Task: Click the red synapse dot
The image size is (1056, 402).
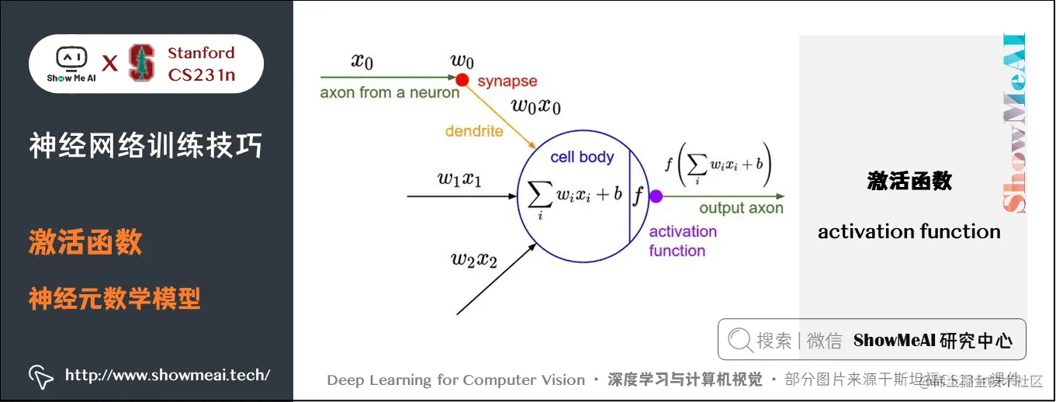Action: click(462, 79)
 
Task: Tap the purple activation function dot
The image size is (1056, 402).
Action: click(656, 196)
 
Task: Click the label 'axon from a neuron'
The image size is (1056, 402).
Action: click(390, 93)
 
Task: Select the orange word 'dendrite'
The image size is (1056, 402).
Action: click(474, 131)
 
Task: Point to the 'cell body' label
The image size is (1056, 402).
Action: click(582, 157)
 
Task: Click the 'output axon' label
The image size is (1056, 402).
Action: click(741, 208)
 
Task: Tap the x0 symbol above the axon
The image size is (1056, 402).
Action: click(362, 61)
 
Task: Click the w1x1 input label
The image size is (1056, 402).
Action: click(459, 179)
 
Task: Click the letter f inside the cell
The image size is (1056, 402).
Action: click(639, 196)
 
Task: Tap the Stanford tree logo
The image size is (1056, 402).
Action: click(141, 64)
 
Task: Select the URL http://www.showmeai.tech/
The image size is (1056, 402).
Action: click(168, 376)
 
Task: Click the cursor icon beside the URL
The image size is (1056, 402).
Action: click(40, 376)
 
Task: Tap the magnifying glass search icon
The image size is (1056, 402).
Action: click(739, 340)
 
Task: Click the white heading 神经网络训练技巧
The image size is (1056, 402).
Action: click(146, 146)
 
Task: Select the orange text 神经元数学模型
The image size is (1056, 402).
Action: click(115, 298)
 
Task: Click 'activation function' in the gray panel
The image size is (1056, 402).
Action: click(909, 231)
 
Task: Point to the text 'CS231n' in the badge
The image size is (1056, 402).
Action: click(202, 75)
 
